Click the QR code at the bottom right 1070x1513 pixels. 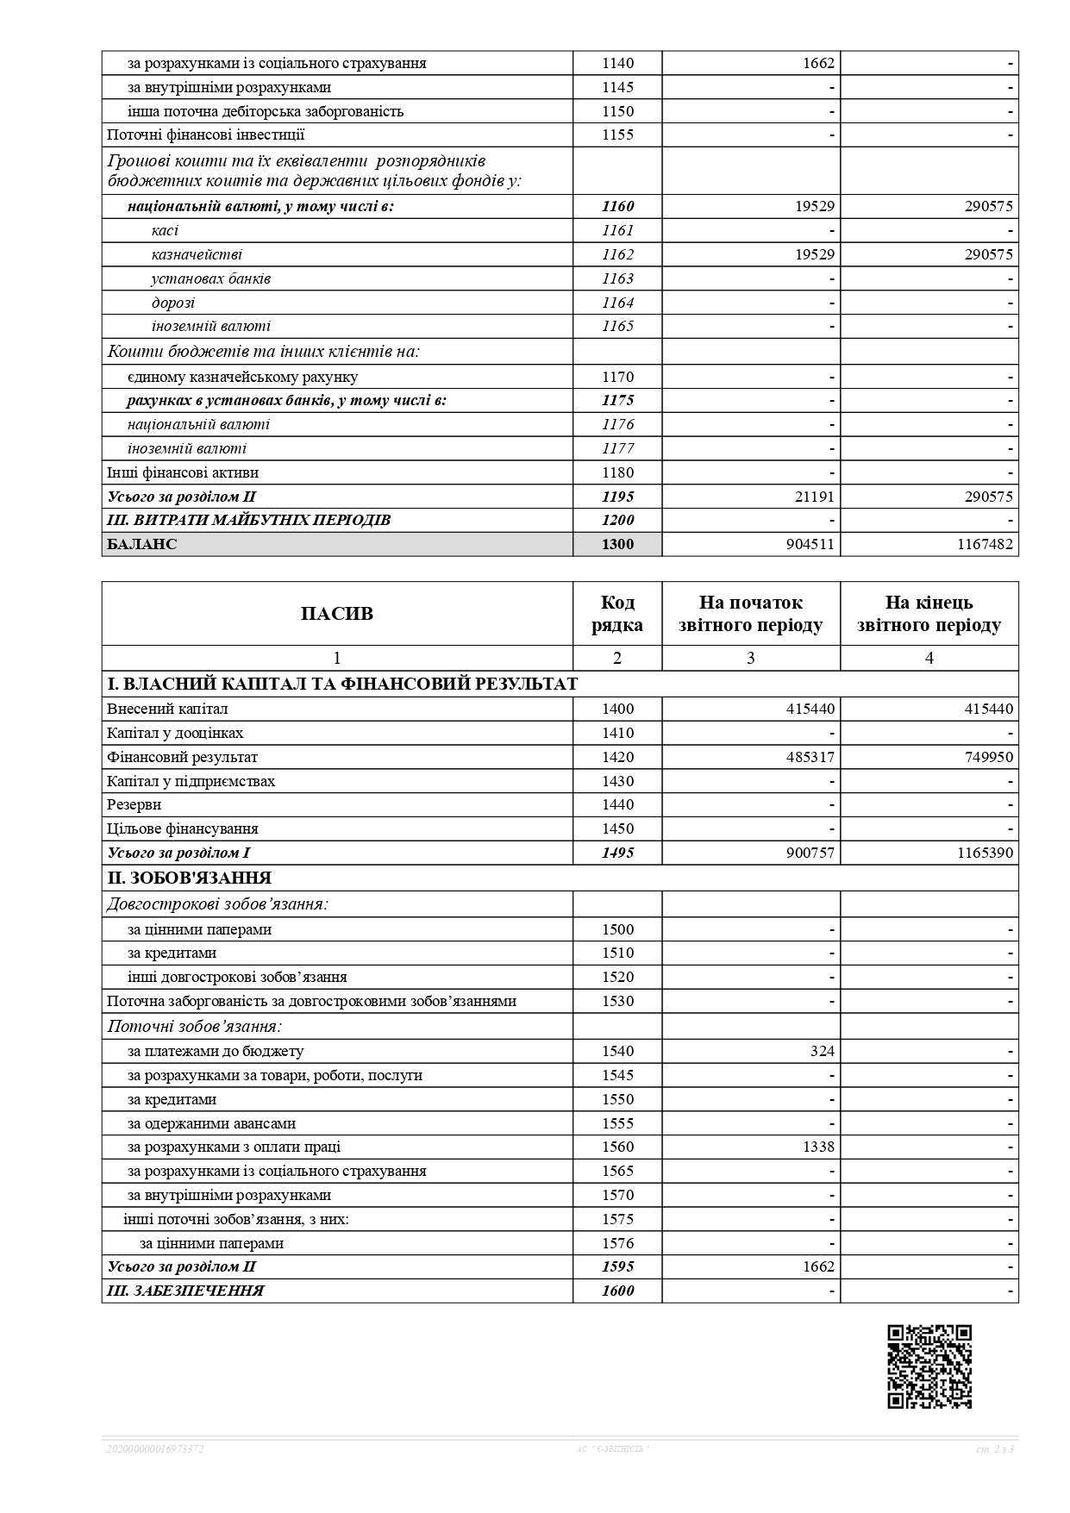click(929, 1366)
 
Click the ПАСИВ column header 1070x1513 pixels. click(337, 614)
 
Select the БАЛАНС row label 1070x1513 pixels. click(142, 544)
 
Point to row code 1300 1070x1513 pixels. click(617, 544)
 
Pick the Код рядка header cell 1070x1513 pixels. click(617, 614)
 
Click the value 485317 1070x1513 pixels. click(808, 757)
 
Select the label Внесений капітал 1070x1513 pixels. click(167, 709)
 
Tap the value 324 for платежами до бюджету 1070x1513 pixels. click(822, 1051)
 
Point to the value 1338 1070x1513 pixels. click(818, 1147)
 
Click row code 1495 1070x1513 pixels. click(617, 853)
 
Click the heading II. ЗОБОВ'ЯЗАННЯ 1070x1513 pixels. click(189, 878)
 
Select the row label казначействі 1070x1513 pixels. click(197, 254)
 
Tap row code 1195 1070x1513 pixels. click(617, 497)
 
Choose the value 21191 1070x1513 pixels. click(812, 497)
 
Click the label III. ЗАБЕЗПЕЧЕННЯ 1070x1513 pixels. click(185, 1291)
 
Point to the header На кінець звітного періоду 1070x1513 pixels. click(929, 614)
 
